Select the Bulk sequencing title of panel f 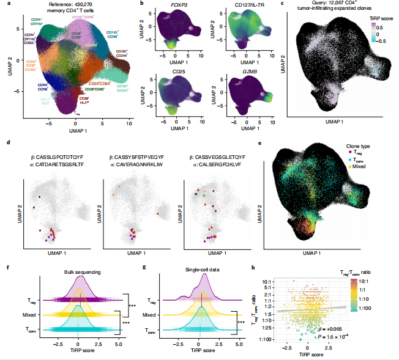(80, 270)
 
